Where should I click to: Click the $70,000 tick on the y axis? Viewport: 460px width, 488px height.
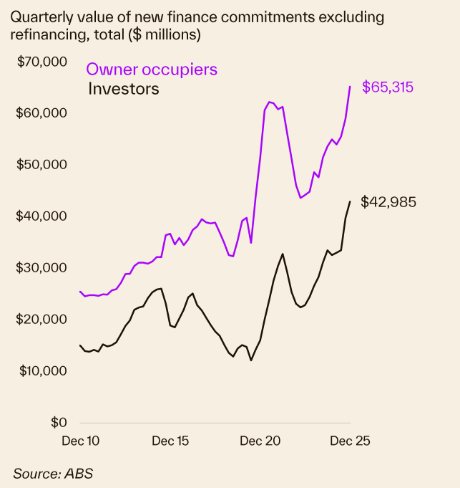(41, 62)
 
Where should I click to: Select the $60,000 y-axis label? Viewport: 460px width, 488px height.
(41, 113)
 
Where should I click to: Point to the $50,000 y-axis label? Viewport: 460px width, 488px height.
(41, 165)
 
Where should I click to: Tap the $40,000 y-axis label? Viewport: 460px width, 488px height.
(41, 216)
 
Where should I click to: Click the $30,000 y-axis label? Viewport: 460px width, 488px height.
(41, 268)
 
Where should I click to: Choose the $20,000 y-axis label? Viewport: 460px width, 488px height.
(41, 320)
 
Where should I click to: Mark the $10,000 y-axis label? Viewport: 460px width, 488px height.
(41, 371)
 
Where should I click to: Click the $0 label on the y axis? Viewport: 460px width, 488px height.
(58, 423)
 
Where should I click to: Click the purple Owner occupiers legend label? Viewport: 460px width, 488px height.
(152, 70)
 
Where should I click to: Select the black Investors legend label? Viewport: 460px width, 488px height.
(123, 90)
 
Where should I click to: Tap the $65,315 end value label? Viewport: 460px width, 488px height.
(388, 87)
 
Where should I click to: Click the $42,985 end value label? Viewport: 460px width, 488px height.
(388, 202)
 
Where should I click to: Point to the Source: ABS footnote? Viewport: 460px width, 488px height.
(53, 473)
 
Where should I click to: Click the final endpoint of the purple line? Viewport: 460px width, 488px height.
(350, 87)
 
